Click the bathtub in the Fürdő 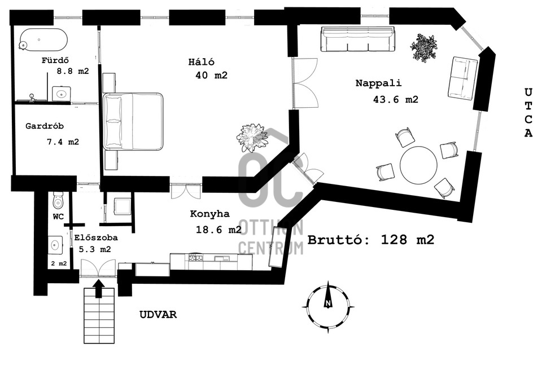[x=43, y=40]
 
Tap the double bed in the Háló [x=133, y=121]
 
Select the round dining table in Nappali [x=418, y=165]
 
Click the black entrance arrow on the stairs [x=99, y=289]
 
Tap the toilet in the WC [x=58, y=200]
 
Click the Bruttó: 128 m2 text [x=371, y=239]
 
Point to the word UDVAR [x=158, y=315]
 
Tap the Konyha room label [x=209, y=214]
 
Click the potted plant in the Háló [x=252, y=136]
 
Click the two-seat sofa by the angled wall [x=464, y=78]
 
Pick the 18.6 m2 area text [x=218, y=230]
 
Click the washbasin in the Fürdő [x=60, y=93]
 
